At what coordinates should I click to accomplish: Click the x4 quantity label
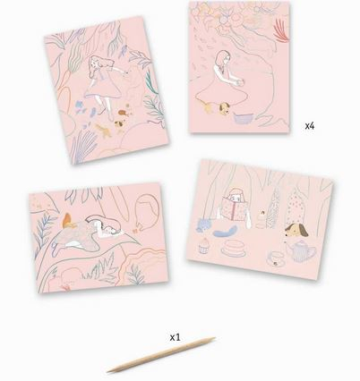(x=310, y=126)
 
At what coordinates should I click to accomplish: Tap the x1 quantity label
(x=176, y=337)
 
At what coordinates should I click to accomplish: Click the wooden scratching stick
(x=161, y=355)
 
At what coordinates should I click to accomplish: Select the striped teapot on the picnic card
(x=300, y=251)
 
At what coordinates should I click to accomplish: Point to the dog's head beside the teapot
(x=295, y=231)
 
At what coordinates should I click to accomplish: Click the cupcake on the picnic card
(x=203, y=245)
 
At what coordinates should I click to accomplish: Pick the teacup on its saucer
(x=275, y=258)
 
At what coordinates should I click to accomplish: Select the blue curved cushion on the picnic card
(x=227, y=232)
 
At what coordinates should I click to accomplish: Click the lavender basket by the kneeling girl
(x=243, y=118)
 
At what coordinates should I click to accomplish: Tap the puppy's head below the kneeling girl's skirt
(x=224, y=107)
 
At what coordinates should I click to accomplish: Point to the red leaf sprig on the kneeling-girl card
(x=282, y=30)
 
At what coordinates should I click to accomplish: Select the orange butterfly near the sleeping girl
(x=68, y=220)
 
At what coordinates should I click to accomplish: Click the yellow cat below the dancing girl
(x=102, y=131)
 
